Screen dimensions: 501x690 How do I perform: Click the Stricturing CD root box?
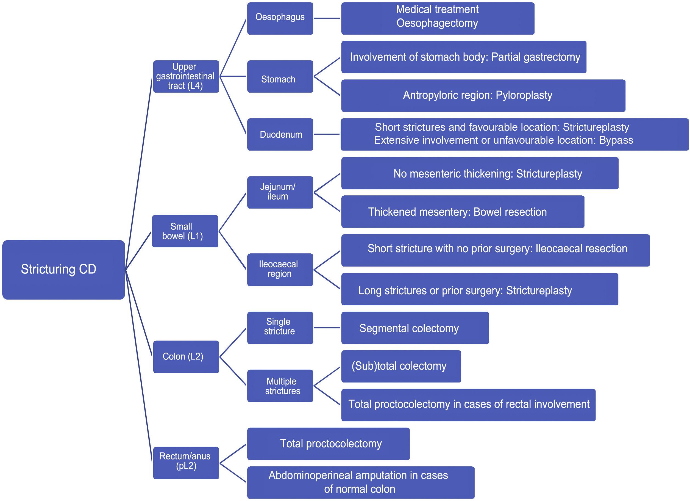point(63,269)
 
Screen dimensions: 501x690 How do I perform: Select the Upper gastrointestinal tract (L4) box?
point(186,76)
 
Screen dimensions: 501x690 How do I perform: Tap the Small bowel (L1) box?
point(185,231)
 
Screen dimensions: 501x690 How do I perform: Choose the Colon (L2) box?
point(186,356)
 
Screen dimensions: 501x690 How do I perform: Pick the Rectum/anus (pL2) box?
point(186,463)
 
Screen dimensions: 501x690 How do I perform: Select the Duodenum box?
point(280,134)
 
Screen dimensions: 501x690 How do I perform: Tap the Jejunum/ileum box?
point(280,192)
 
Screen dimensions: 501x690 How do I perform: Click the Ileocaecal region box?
point(280,269)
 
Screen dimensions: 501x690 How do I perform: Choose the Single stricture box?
point(280,328)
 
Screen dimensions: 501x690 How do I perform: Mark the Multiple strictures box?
point(280,386)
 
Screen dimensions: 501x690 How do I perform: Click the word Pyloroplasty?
point(524,95)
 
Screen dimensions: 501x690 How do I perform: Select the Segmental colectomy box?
point(415,328)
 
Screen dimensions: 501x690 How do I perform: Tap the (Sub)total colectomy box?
point(401,366)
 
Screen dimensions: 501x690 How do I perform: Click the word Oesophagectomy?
point(437,23)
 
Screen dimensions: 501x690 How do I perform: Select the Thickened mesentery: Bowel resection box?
point(463,212)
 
